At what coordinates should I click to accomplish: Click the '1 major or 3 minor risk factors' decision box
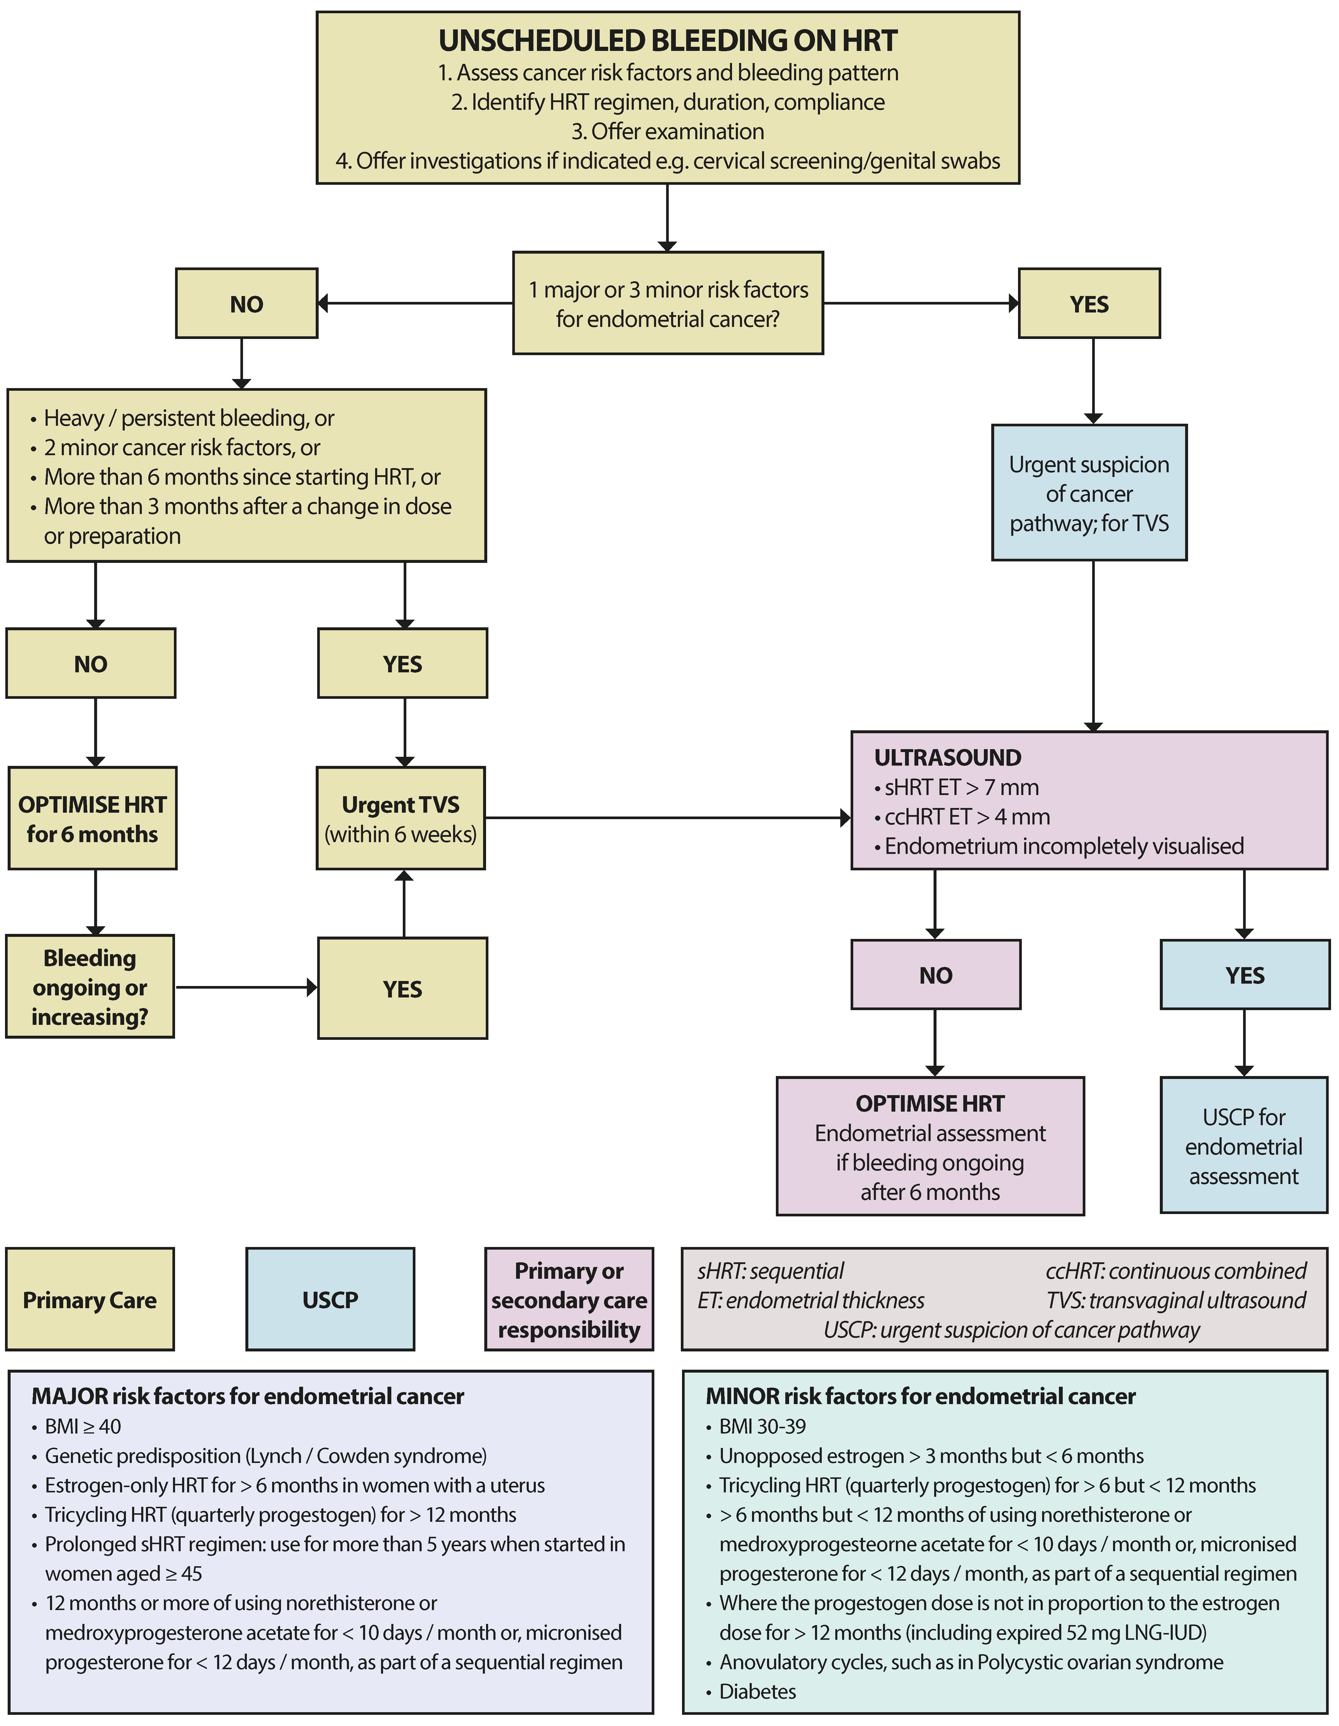pos(668,303)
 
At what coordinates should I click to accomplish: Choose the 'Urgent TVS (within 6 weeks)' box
pos(401,819)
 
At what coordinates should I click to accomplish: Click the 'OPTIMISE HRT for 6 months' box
pos(92,819)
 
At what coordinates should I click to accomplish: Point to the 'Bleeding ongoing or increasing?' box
pos(90,987)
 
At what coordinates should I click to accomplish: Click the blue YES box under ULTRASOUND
pos(1244,975)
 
